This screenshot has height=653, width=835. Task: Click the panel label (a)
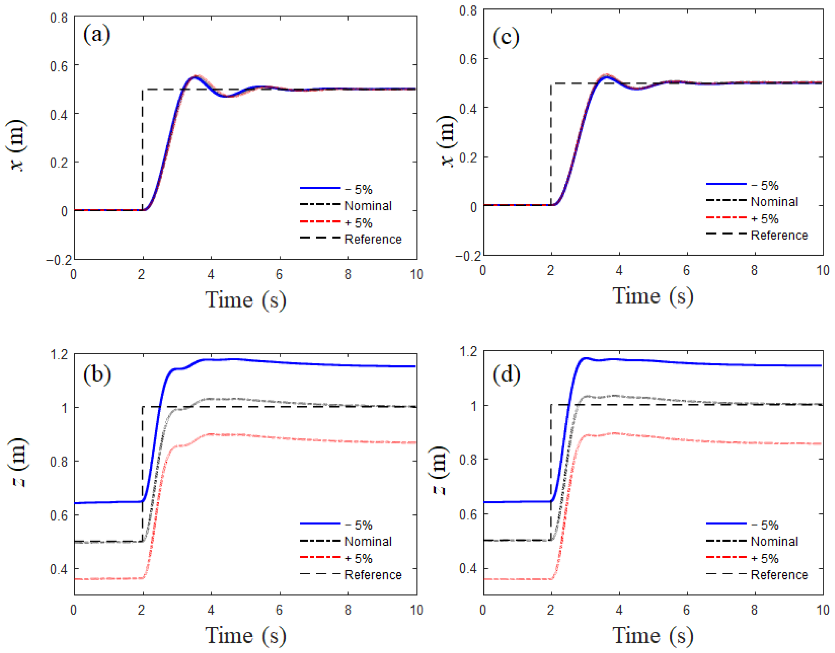[96, 35]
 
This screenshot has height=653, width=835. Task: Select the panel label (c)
[506, 37]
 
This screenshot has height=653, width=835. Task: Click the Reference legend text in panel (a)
[373, 240]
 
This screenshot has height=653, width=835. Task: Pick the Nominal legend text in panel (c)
[774, 202]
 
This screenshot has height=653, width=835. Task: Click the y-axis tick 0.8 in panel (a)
[59, 18]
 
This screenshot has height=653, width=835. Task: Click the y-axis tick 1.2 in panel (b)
[59, 355]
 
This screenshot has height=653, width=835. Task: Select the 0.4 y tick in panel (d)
[467, 568]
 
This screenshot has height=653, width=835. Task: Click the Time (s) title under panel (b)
[245, 636]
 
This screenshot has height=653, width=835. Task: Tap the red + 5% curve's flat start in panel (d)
[516, 579]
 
